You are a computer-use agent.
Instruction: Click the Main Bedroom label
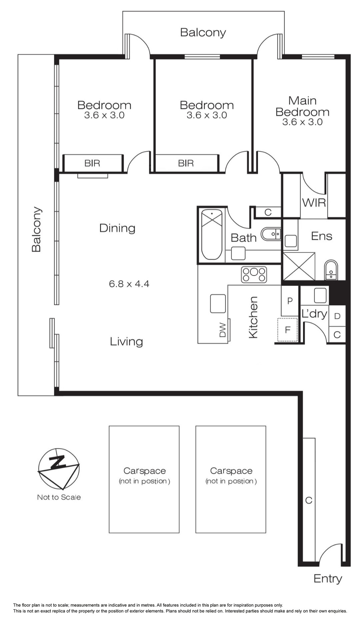302,106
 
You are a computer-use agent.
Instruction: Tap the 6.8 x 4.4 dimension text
129,284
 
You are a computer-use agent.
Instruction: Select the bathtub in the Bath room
212,234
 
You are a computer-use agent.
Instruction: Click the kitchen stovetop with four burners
254,275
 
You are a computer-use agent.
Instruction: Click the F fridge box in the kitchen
287,330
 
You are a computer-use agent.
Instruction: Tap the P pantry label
290,301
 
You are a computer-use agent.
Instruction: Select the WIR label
314,202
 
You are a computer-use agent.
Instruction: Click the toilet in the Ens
331,270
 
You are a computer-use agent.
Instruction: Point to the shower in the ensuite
299,266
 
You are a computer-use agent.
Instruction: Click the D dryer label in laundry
337,315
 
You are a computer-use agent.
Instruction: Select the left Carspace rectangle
144,479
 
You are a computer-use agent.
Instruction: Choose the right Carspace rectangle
231,479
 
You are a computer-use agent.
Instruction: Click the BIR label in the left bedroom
92,163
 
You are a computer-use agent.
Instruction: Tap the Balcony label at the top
203,33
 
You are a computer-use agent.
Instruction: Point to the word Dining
117,228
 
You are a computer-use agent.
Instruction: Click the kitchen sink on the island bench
218,304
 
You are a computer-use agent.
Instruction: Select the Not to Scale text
59,497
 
